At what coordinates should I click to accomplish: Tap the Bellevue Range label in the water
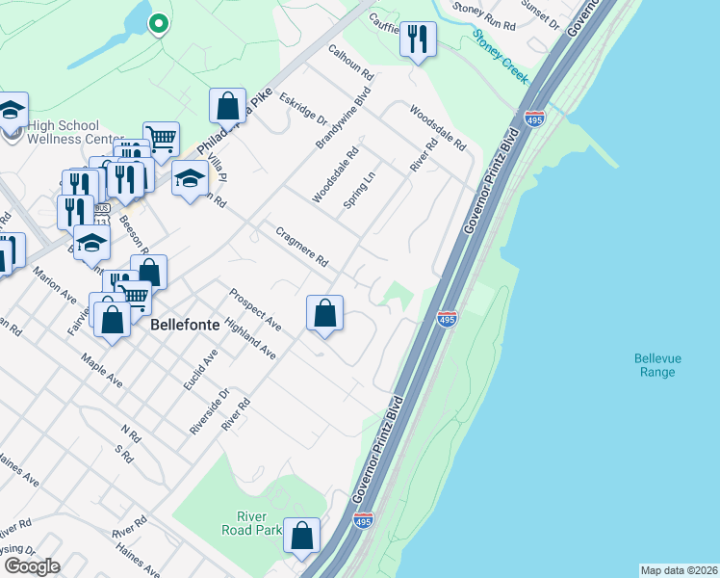(657, 365)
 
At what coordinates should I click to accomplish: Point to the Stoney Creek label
(501, 57)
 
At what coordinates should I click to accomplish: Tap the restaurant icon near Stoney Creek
(417, 40)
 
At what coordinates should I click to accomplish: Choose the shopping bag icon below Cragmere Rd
(325, 313)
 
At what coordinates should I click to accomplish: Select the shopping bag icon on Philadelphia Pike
(227, 106)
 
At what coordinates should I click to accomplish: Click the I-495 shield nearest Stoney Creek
(534, 118)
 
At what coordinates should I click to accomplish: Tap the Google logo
(31, 566)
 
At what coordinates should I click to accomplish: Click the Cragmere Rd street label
(302, 247)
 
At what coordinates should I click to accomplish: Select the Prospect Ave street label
(255, 309)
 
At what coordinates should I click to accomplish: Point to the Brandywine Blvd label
(345, 118)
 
